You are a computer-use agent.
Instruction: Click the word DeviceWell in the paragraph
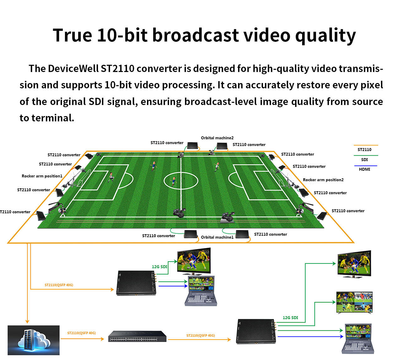[x=73, y=69]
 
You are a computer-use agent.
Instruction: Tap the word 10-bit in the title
[x=122, y=35]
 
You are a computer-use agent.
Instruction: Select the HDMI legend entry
[x=364, y=169]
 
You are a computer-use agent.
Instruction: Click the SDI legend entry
[x=364, y=159]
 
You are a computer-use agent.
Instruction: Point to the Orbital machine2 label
[x=217, y=138]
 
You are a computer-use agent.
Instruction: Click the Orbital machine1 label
[x=217, y=237]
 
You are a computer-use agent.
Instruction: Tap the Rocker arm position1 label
[x=42, y=176]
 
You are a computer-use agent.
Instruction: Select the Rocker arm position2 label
[x=323, y=180]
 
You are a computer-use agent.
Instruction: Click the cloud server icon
[x=34, y=340]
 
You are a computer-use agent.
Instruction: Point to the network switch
[x=137, y=336]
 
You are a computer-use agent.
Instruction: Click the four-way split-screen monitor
[x=354, y=302]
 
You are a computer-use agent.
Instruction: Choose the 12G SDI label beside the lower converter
[x=290, y=318]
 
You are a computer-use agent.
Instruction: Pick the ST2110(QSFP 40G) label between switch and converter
[x=200, y=335]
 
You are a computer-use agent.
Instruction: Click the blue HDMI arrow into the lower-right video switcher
[x=310, y=336]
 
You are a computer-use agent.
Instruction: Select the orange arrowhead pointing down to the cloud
[x=27, y=322]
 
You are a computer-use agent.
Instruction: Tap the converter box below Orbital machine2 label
[x=222, y=146]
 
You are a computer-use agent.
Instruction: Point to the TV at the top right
[x=354, y=264]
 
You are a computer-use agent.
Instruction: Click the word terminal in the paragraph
[x=52, y=118]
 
